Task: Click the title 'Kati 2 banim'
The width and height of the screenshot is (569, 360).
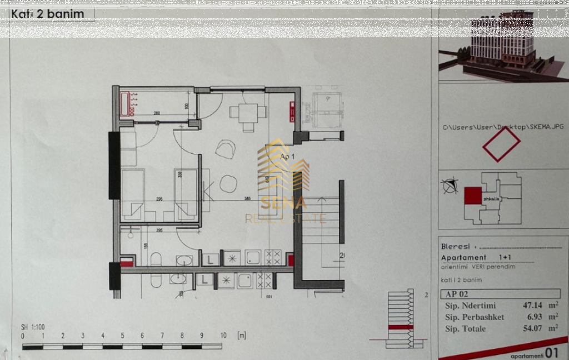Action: [48, 14]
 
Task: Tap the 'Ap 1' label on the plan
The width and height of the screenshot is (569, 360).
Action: [287, 158]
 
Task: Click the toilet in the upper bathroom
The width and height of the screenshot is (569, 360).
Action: [156, 261]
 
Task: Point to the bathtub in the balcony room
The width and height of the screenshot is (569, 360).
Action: [126, 103]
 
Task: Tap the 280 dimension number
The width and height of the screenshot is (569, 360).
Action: [157, 113]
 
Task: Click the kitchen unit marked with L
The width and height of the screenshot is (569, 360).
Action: [211, 258]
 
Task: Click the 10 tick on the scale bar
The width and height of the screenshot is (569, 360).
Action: [223, 336]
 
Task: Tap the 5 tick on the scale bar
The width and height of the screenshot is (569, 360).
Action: [122, 336]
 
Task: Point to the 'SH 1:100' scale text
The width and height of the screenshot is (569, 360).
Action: [32, 327]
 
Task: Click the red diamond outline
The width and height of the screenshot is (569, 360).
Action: [501, 145]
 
